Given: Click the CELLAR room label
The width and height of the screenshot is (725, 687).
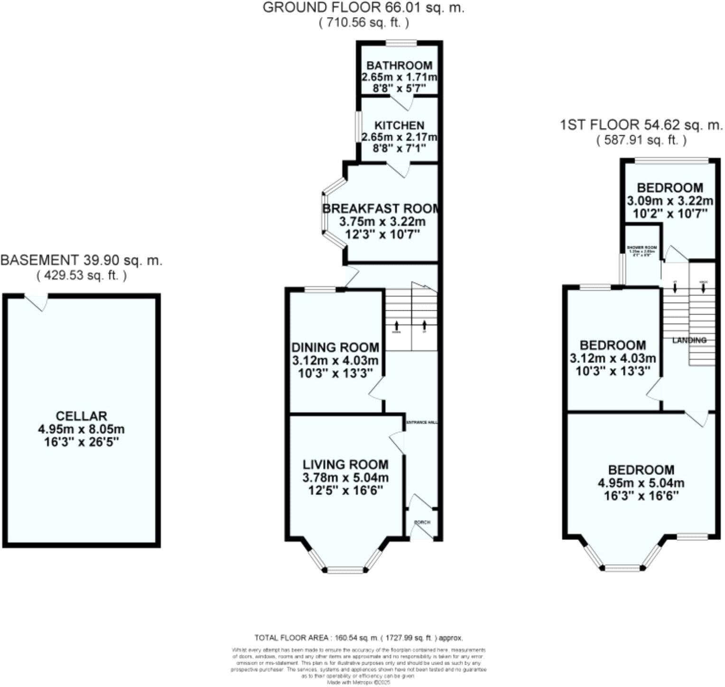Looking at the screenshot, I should click(x=81, y=417).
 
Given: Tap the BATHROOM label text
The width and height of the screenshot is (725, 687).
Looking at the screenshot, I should click(x=399, y=65).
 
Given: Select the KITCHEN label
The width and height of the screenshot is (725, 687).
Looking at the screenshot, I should click(x=399, y=125).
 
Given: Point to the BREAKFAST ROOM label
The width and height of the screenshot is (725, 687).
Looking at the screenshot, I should click(x=381, y=209).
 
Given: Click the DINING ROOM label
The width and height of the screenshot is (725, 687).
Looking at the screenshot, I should click(x=335, y=347).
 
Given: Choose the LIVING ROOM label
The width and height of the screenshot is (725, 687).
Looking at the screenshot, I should click(x=345, y=464).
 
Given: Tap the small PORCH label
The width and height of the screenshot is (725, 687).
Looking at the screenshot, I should click(x=422, y=522).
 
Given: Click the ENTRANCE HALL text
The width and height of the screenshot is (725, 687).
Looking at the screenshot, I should click(x=422, y=422).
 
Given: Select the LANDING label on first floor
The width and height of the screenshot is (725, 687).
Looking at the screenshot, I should click(x=689, y=340).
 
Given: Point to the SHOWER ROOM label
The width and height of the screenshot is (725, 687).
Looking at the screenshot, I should click(x=641, y=248).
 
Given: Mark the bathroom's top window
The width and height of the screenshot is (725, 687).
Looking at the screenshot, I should click(x=401, y=43).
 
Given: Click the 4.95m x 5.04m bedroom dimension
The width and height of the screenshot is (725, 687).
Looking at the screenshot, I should click(x=641, y=483).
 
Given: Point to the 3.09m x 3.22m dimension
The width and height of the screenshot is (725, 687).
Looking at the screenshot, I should click(x=669, y=201).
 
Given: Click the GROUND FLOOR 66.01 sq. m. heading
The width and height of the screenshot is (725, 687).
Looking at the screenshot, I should click(x=363, y=8).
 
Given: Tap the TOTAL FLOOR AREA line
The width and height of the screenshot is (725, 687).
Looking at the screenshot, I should click(x=358, y=638).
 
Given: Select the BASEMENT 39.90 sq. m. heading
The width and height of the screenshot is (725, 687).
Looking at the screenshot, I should click(x=81, y=260).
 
